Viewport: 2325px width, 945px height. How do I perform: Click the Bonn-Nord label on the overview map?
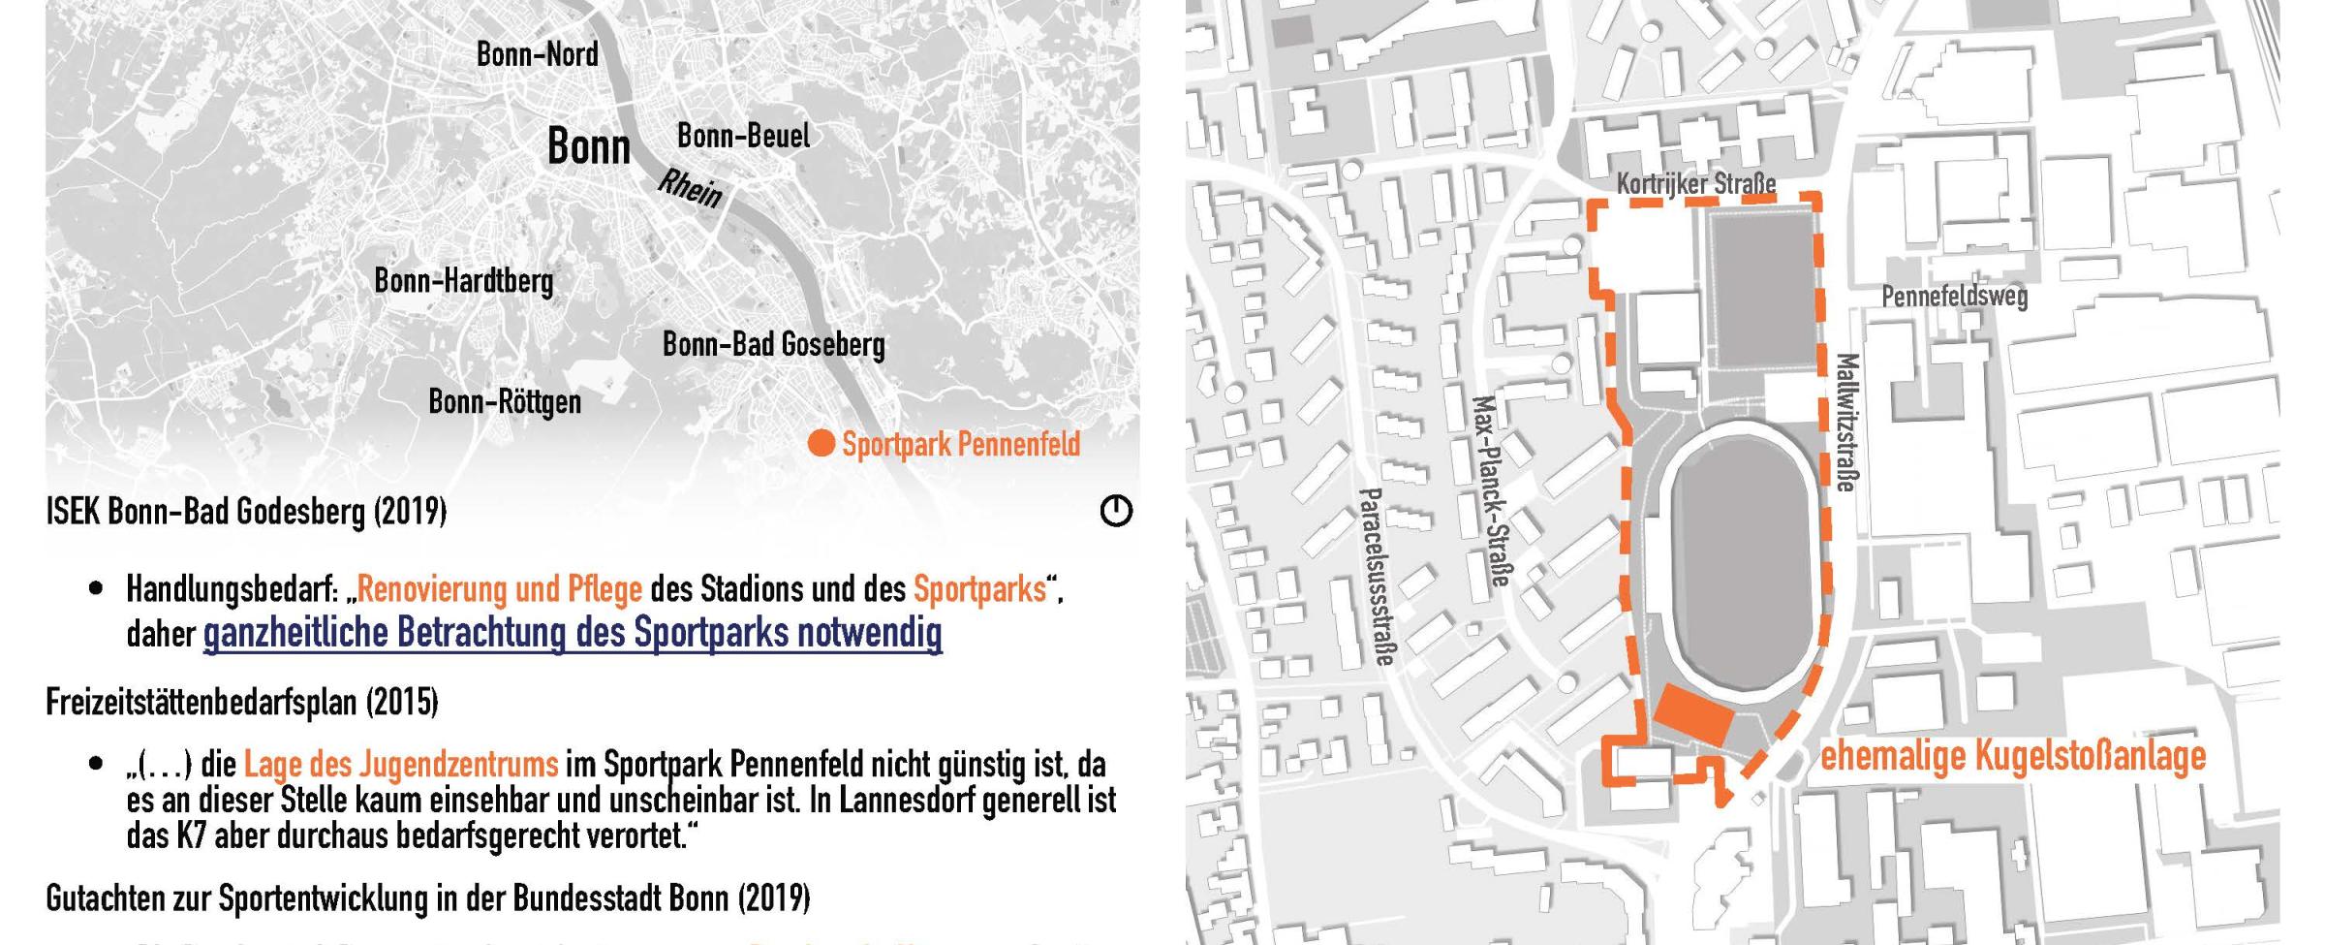pos(537,54)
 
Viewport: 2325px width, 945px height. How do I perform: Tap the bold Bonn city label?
pos(588,147)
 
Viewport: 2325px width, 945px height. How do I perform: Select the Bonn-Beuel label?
pos(743,136)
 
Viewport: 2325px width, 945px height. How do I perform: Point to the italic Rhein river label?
pos(691,188)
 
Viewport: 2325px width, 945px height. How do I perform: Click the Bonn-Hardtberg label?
pos(463,281)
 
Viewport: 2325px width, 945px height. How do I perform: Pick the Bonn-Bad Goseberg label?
pos(773,344)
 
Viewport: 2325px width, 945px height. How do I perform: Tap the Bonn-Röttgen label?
pos(505,401)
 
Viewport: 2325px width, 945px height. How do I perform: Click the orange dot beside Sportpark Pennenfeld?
pos(821,444)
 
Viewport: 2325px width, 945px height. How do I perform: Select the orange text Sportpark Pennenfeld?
pos(960,444)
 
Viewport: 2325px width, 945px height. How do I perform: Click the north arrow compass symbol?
pos(1116,511)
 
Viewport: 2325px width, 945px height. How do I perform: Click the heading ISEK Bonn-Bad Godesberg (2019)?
pos(246,511)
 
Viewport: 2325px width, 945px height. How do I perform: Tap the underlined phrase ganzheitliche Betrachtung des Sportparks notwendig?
pos(572,633)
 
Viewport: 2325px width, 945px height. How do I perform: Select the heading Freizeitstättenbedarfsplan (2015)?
pos(241,701)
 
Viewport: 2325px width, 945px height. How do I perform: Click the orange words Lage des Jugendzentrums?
pos(400,764)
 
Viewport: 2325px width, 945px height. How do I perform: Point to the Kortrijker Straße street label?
pos(1695,183)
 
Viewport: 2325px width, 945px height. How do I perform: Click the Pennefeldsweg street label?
pos(1954,295)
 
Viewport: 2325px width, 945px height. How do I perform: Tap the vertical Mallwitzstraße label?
pos(1846,423)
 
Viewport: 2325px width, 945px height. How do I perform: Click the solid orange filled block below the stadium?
pos(1692,716)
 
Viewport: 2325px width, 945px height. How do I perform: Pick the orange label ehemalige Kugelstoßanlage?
pos(2013,756)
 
